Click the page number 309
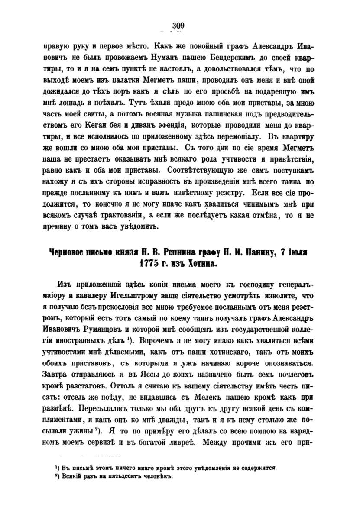pos(178,26)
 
